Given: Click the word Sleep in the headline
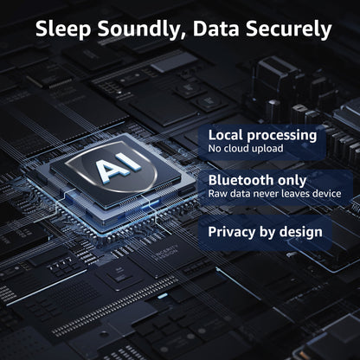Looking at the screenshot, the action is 63,29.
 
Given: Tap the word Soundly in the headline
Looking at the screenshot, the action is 139,29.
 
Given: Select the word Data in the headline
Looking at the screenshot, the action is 215,29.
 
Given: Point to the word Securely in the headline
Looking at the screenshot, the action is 288,29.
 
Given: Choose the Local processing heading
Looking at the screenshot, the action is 262,136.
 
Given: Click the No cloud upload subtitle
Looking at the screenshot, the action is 246,149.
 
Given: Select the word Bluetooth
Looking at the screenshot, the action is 241,180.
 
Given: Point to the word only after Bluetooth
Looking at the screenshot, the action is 292,181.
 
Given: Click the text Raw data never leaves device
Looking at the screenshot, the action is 274,193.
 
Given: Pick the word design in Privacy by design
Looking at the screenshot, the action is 301,233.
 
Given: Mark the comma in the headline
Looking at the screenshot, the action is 183,36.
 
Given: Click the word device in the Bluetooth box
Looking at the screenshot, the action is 327,193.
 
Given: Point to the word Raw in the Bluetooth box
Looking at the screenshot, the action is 215,193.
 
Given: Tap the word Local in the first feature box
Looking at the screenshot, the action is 226,135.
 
